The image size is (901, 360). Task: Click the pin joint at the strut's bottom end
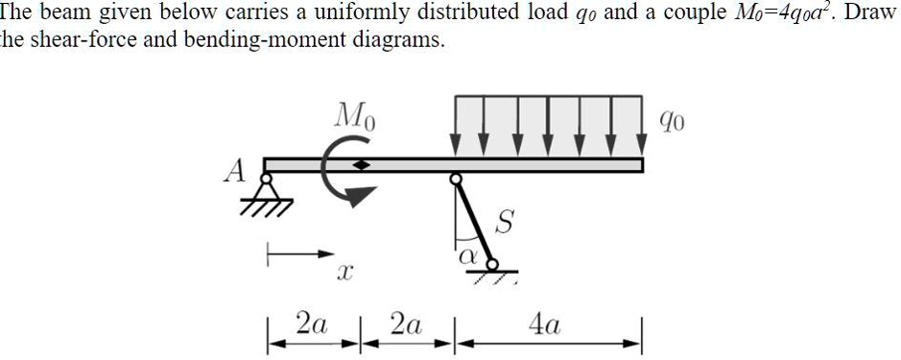click(x=492, y=262)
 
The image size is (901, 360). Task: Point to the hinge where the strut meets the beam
click(x=457, y=178)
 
